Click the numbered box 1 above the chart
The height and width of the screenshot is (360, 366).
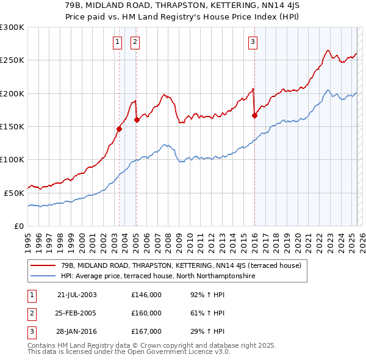pos(117,42)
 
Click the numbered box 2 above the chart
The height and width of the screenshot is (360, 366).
pos(134,42)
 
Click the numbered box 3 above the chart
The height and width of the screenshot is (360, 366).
pos(252,42)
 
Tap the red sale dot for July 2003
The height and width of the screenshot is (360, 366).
pos(120,129)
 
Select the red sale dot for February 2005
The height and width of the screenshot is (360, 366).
pos(137,120)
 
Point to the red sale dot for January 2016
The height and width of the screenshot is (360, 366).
pos(254,115)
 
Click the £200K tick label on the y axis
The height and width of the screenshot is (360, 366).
pos(13,93)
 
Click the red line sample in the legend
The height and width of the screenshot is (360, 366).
pos(43,265)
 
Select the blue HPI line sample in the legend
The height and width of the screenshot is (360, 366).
pos(43,276)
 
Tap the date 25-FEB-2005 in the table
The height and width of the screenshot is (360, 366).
pos(77,313)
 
